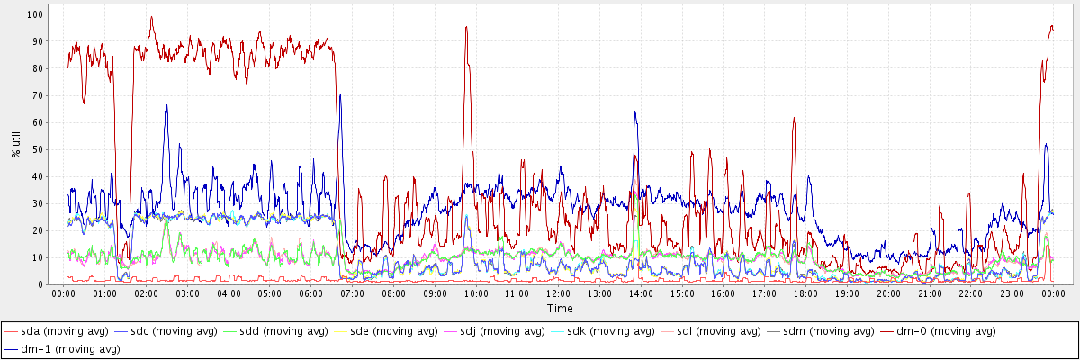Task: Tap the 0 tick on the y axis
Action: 41,284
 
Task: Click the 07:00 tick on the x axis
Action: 352,294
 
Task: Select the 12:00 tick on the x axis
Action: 558,294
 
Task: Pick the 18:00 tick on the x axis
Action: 805,294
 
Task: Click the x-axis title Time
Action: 559,309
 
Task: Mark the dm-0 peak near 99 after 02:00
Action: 151,16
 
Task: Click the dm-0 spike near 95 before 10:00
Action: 466,27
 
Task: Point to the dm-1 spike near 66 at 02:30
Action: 166,106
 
